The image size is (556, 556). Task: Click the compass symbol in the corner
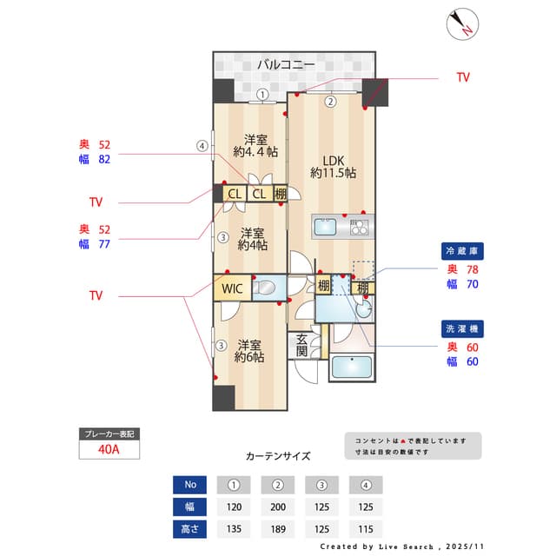click(460, 23)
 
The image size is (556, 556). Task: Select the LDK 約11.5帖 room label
click(333, 167)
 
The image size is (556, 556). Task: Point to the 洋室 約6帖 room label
click(249, 350)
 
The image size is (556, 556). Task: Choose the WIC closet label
click(232, 288)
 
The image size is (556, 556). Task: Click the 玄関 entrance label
click(301, 345)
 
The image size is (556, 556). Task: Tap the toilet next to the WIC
click(266, 288)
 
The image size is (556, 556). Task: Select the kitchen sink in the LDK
click(326, 227)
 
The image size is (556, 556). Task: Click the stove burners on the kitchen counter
click(359, 228)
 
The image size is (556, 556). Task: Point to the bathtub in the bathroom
click(352, 368)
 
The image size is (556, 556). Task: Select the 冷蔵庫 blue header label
click(461, 250)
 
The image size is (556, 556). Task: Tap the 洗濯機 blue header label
click(461, 329)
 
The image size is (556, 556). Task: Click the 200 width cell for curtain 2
click(279, 506)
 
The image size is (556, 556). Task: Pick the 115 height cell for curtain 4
click(367, 528)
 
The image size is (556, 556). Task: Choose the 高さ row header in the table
click(190, 528)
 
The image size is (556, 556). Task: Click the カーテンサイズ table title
click(278, 455)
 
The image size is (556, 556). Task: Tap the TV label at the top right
click(463, 77)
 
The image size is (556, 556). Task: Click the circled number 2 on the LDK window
click(330, 101)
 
